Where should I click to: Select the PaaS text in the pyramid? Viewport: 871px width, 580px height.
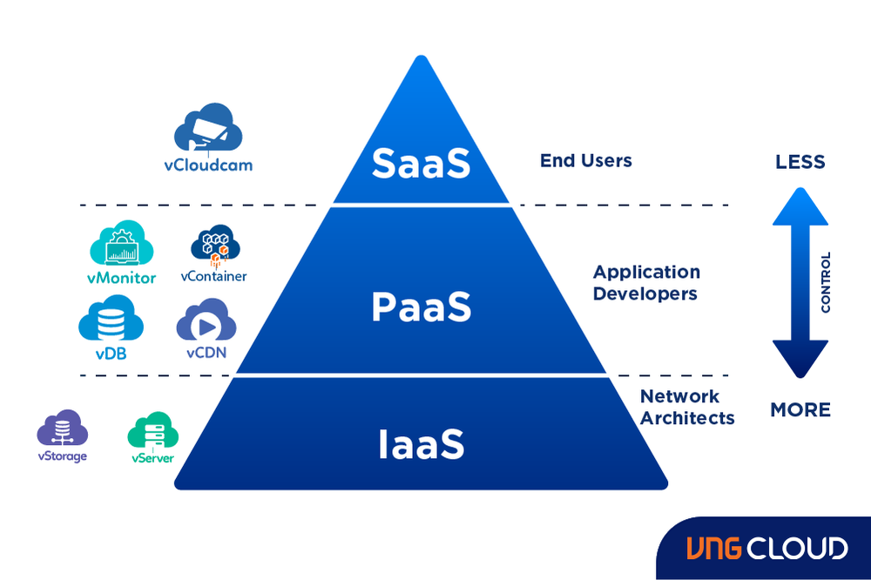422,307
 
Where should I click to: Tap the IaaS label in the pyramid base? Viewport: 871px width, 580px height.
422,443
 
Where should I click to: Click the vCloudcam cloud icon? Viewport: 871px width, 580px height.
208,130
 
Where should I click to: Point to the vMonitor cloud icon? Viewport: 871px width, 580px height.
121,244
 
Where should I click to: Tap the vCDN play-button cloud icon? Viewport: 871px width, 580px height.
206,321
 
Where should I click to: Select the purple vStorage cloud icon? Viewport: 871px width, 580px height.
62,428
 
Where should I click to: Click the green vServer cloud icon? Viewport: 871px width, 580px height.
153,431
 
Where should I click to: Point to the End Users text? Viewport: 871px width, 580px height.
585,160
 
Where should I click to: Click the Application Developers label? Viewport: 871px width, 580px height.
645,283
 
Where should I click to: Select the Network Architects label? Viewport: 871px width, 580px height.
687,407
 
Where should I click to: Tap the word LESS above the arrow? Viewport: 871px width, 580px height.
800,163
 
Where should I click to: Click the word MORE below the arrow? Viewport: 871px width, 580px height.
800,409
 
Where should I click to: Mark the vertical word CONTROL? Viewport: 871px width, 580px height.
826,283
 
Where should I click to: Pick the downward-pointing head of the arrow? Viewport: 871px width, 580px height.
800,357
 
